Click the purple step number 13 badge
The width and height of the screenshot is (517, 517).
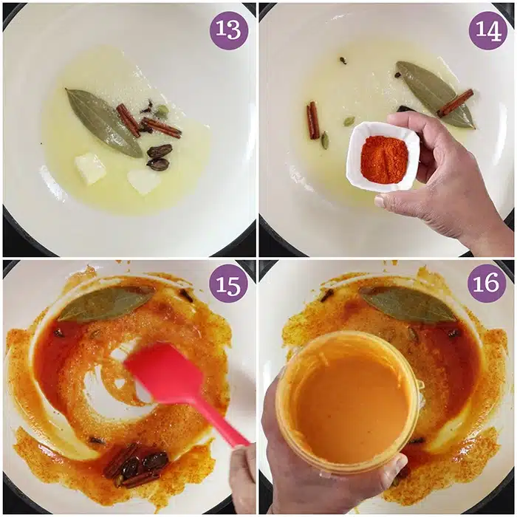tap(229, 30)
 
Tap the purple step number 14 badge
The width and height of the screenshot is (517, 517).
tap(487, 30)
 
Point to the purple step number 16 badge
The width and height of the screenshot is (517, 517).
tap(487, 283)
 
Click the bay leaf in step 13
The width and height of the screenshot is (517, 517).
tap(104, 123)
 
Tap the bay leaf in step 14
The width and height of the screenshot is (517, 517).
tap(434, 95)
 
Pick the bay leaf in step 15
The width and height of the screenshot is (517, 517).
tap(106, 303)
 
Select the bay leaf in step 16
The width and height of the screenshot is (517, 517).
tap(409, 304)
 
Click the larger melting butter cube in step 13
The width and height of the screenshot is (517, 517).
tap(90, 168)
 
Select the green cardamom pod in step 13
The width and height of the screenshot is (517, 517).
tap(162, 111)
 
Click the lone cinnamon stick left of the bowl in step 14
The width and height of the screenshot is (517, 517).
tap(313, 120)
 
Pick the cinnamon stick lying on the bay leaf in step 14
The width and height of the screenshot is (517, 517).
tap(456, 103)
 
